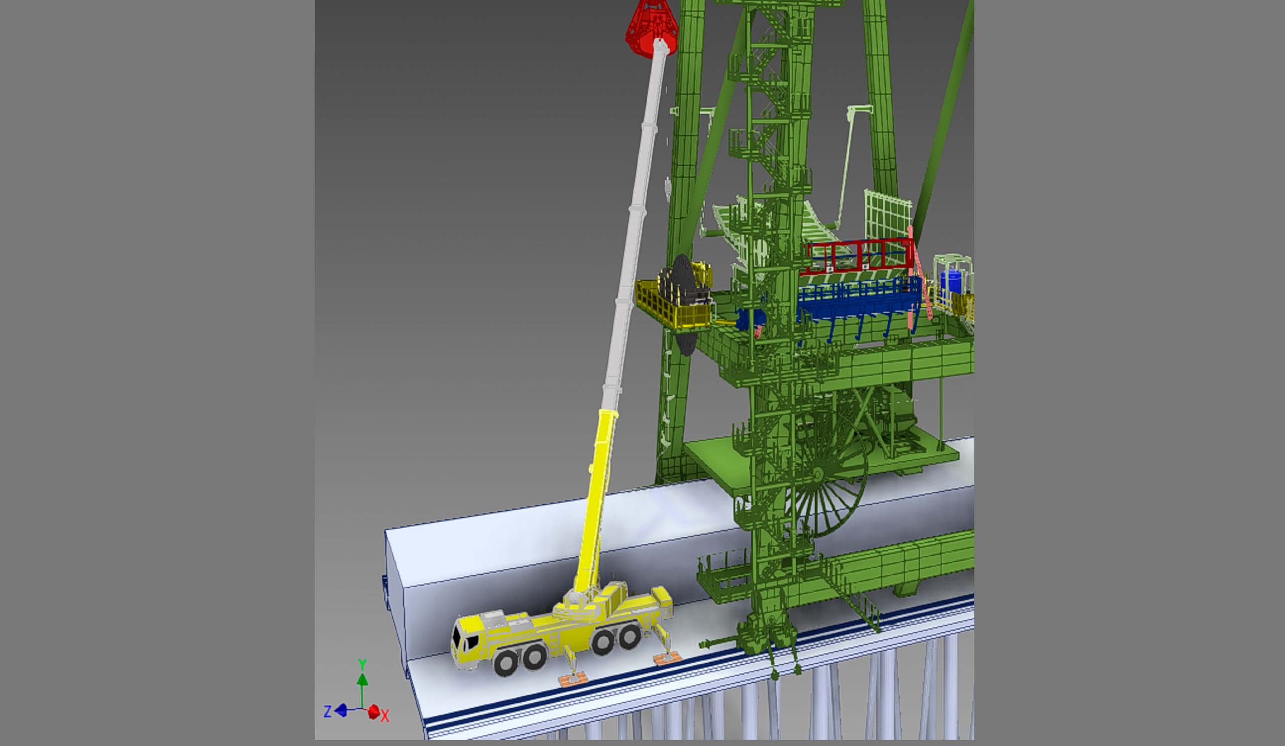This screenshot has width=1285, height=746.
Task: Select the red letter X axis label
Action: click(x=385, y=716)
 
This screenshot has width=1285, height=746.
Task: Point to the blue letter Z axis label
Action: click(x=328, y=711)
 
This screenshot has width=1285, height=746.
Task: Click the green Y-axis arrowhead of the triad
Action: click(x=362, y=680)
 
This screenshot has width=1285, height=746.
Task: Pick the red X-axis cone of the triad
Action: click(x=374, y=712)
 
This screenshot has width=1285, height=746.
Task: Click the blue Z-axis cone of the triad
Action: click(x=341, y=710)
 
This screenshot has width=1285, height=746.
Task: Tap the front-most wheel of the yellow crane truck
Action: click(x=506, y=663)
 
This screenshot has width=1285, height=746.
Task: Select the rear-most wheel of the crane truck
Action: click(x=629, y=637)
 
